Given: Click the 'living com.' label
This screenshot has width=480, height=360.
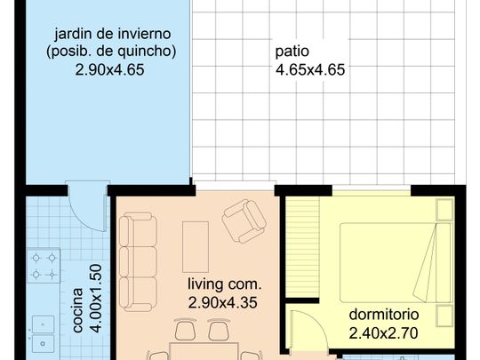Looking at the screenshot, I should coord(225,285).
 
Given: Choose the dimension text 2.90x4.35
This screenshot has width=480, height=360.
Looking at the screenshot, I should coord(225,303).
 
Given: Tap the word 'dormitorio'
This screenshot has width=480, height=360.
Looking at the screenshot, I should coord(384,316).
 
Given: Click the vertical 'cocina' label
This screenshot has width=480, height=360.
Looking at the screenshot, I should coord(78,310).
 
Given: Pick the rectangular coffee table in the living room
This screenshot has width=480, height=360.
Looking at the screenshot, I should coord(195,246).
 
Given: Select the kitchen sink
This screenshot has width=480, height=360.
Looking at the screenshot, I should coord(43,330).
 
